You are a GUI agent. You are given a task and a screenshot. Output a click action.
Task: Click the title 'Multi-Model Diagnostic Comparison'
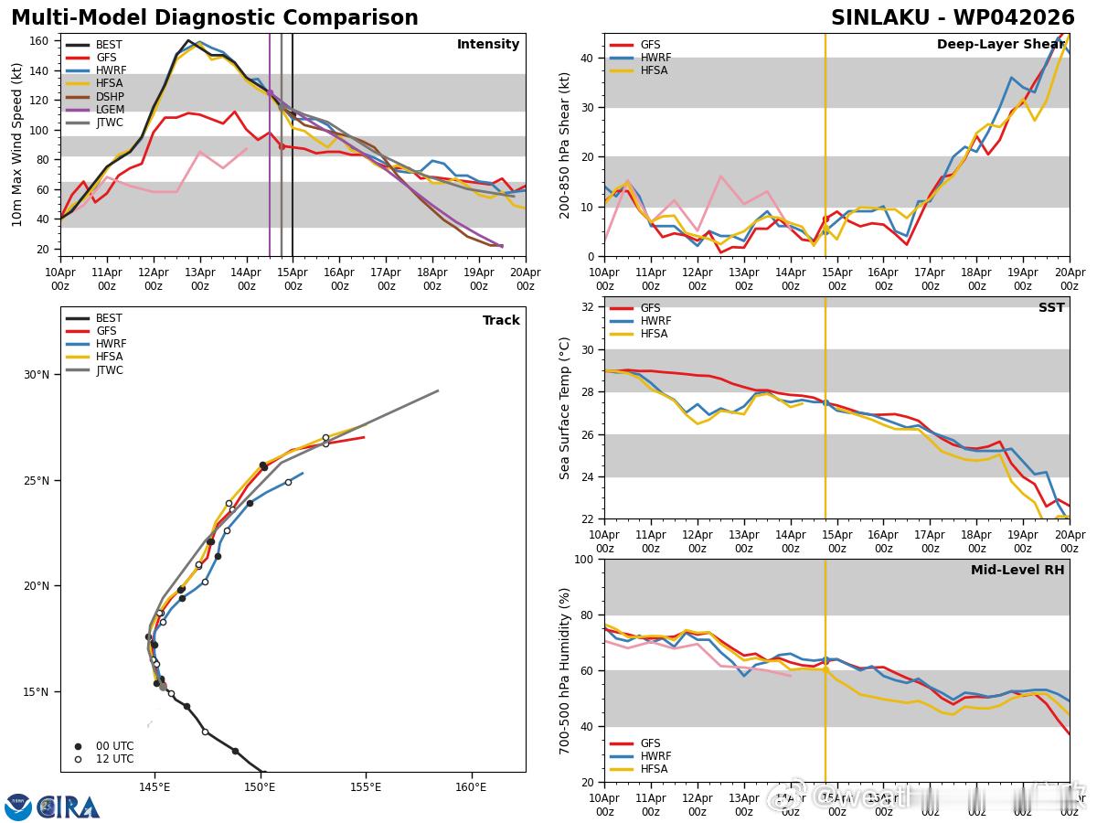214,18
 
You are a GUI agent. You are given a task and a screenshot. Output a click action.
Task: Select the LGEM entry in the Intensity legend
109,110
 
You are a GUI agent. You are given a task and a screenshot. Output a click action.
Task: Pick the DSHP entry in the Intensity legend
110,97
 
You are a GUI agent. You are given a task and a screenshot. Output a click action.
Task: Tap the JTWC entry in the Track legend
109,370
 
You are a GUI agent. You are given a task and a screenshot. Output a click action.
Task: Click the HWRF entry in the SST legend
655,321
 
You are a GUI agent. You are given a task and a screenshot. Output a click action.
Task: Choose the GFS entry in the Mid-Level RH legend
650,743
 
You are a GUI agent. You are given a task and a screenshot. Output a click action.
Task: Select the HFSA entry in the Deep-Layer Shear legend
654,70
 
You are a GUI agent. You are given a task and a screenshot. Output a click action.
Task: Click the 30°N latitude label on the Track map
38,375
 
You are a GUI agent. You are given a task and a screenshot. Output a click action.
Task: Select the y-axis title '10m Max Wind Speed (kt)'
17,144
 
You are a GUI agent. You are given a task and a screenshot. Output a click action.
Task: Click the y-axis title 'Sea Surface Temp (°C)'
564,408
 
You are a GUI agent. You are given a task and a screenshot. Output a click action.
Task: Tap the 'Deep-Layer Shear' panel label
1000,45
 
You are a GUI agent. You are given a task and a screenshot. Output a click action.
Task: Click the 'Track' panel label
501,320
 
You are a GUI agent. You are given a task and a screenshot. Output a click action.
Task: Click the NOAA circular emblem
18,807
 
